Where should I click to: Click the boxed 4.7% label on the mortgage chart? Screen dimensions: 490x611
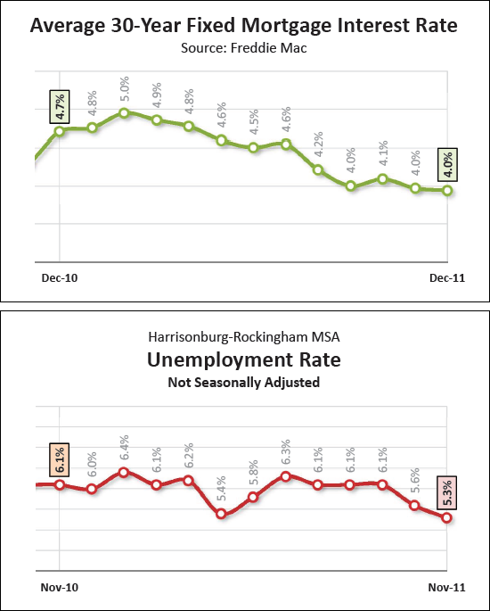[60, 106]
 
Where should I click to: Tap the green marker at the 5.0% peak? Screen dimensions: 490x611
[124, 112]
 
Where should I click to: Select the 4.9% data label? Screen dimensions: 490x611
[157, 95]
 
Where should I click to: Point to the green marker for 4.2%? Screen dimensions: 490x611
[318, 169]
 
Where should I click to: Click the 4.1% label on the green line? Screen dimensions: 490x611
[383, 153]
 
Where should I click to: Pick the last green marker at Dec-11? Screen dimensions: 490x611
[447, 190]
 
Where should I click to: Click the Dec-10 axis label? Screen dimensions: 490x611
[60, 277]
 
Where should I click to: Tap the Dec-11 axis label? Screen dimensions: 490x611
[447, 277]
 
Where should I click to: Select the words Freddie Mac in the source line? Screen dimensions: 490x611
[268, 48]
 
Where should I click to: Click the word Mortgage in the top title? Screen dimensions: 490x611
[286, 25]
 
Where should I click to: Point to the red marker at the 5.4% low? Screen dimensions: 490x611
[221, 514]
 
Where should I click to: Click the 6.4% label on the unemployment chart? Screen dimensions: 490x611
[124, 448]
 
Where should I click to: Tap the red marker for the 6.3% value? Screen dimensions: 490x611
[286, 476]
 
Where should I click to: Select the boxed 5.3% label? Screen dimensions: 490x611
[447, 492]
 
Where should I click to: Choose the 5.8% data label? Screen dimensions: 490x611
[253, 472]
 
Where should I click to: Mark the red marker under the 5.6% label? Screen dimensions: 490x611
[414, 506]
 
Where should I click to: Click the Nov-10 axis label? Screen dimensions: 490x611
[60, 587]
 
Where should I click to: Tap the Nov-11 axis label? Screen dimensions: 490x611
[447, 587]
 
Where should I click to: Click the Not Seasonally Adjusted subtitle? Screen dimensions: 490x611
[244, 383]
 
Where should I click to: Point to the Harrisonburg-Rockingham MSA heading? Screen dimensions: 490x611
[244, 336]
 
